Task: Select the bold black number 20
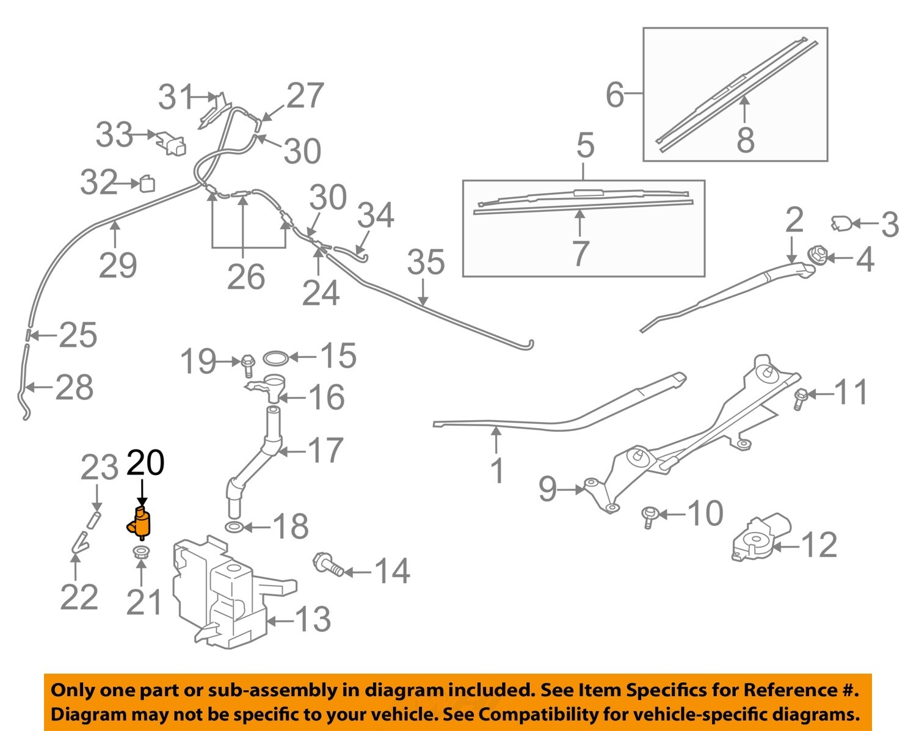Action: point(145,463)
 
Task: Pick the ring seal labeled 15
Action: point(275,357)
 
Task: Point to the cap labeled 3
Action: point(841,224)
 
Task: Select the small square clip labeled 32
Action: point(147,183)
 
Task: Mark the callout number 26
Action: point(245,277)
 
